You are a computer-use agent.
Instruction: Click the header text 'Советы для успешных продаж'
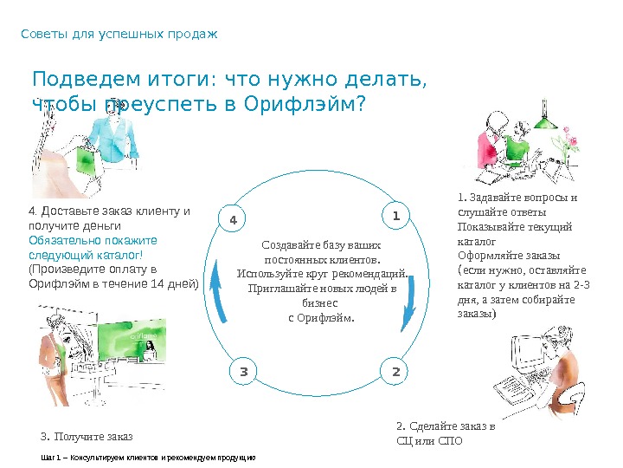[119, 35]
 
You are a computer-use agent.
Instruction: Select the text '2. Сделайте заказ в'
[446, 426]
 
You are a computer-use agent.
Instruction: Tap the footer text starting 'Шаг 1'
[148, 456]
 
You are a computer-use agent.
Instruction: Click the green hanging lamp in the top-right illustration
[544, 124]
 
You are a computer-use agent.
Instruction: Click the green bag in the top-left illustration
[87, 159]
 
